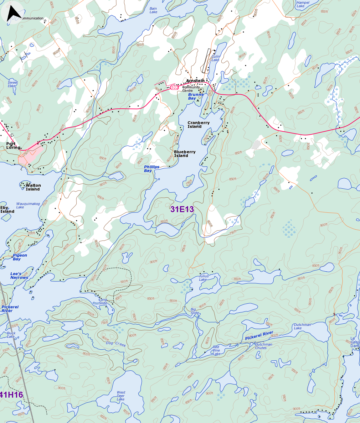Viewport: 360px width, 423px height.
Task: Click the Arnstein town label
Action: tap(195, 81)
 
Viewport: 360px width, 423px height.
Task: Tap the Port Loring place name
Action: tap(13, 146)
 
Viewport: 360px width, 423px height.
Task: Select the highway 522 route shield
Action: tap(174, 88)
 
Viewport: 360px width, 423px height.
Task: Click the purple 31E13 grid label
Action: tap(182, 209)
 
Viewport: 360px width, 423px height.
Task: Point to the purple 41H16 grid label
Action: tap(12, 395)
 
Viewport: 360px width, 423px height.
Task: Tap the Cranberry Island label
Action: tap(198, 125)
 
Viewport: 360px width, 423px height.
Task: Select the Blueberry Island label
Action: tap(184, 154)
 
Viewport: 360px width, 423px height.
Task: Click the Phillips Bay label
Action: tap(152, 169)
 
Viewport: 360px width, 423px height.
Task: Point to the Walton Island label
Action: tap(33, 187)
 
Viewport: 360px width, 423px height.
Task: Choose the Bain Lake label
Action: tap(153, 10)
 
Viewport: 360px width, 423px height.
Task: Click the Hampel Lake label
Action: tap(303, 4)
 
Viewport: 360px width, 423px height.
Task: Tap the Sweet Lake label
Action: tap(13, 84)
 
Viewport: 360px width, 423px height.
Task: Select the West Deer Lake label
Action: tap(121, 396)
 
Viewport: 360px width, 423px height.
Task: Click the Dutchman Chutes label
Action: tap(263, 346)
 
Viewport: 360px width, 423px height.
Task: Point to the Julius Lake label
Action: tap(204, 278)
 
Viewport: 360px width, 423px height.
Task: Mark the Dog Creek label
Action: tap(116, 344)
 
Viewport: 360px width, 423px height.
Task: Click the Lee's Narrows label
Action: tap(19, 276)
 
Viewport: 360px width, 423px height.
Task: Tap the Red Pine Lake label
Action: tap(216, 350)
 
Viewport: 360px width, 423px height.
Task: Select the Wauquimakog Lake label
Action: tap(28, 206)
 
